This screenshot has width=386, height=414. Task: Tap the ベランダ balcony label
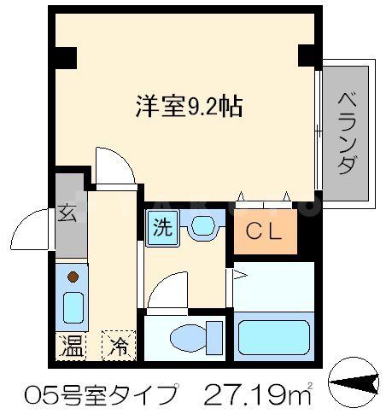345,131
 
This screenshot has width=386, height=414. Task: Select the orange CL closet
266,230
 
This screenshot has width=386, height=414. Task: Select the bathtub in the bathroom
274,338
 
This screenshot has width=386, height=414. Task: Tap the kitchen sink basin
73,305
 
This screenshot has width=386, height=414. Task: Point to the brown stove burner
73,277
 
